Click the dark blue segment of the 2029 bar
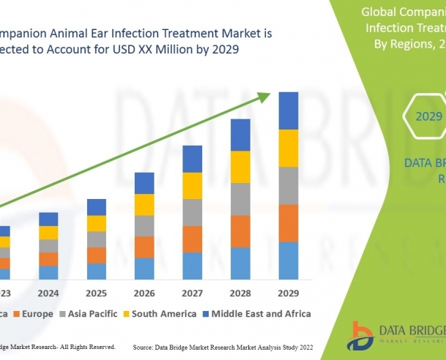tap(289, 110)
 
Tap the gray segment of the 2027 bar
tap(192, 212)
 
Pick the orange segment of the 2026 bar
tap(144, 247)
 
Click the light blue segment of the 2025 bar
tap(97, 271)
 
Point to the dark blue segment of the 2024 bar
tap(48, 219)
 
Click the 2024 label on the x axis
tap(48, 293)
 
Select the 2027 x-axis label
tap(192, 293)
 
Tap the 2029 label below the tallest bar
tap(289, 293)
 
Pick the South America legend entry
tap(162, 314)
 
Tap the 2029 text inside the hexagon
tap(428, 116)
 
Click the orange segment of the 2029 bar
tap(289, 223)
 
